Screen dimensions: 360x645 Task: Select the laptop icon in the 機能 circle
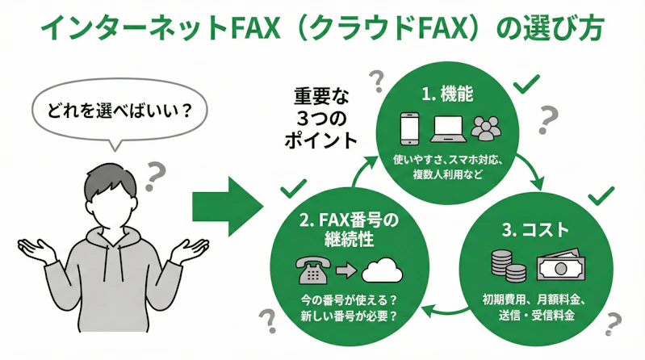448,130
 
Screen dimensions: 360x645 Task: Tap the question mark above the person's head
156,171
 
